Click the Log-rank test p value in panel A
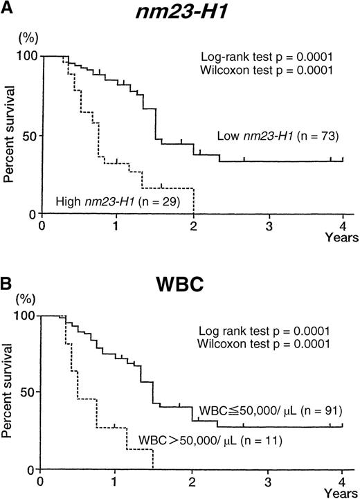coord(262,59)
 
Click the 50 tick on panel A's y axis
coord(26,135)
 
